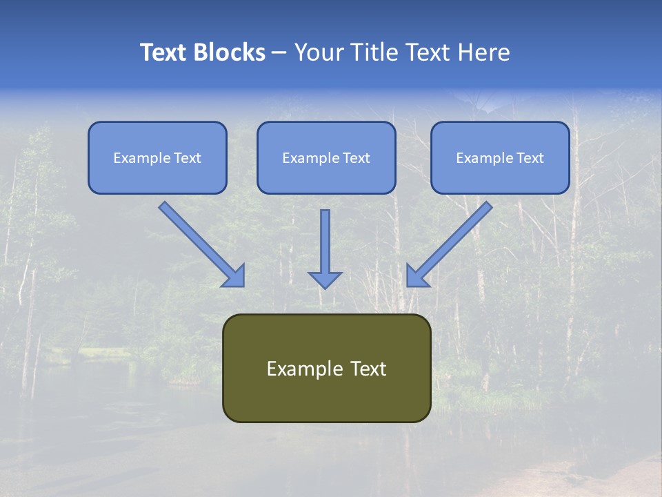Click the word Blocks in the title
232,52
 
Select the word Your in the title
318,52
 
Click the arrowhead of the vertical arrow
325,279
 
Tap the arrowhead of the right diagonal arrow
417,276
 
